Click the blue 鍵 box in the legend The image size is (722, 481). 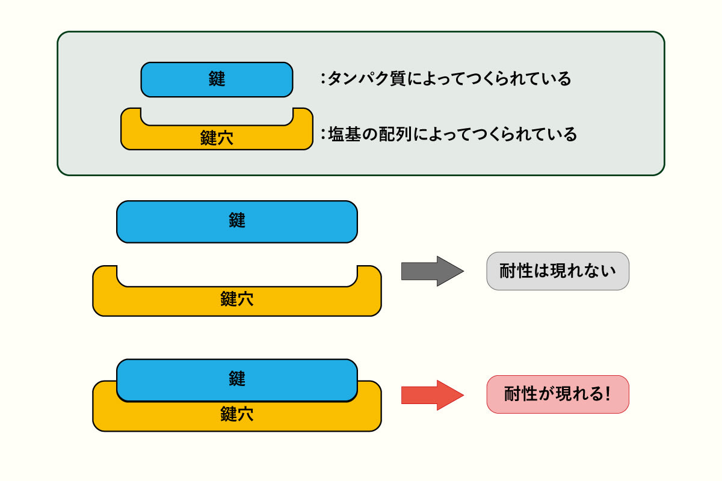pyautogui.click(x=217, y=79)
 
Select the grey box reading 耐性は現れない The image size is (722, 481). pyautogui.click(x=558, y=271)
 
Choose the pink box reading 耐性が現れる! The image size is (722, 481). pyautogui.click(x=558, y=394)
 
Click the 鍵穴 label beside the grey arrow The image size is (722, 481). pyautogui.click(x=237, y=299)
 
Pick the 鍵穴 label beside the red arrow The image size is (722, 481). pyautogui.click(x=237, y=414)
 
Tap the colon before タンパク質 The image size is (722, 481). pyautogui.click(x=322, y=79)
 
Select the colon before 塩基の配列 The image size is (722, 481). pyautogui.click(x=322, y=133)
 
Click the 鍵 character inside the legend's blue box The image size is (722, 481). pyautogui.click(x=217, y=79)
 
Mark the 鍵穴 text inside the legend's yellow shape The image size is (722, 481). pyautogui.click(x=217, y=138)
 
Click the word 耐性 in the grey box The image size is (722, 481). pyautogui.click(x=517, y=271)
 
